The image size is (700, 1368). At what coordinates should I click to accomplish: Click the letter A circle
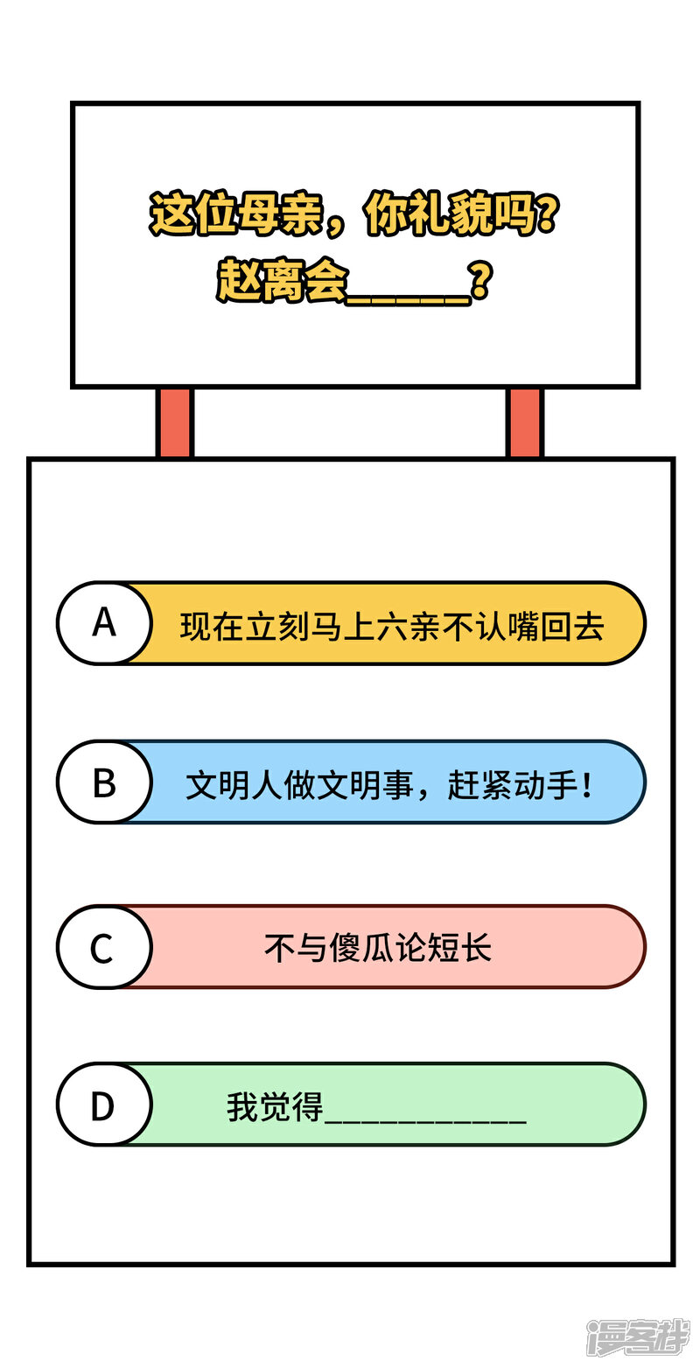(104, 623)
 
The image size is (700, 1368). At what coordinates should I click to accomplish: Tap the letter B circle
(104, 782)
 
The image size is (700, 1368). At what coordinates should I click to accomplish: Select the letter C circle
(104, 947)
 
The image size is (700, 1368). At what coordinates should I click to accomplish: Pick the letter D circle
(104, 1105)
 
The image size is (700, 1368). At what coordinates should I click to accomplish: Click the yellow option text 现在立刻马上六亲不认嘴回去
(392, 627)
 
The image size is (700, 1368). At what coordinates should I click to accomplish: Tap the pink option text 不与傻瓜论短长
(378, 949)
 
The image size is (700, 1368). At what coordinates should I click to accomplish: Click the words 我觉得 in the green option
(275, 1107)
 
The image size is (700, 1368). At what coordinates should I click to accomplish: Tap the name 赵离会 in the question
(282, 280)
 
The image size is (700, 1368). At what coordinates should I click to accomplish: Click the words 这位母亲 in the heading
(236, 214)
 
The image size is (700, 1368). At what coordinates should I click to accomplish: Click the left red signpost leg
(175, 422)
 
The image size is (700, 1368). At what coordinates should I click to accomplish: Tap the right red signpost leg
(524, 422)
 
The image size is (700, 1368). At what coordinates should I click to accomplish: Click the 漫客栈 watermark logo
(639, 1336)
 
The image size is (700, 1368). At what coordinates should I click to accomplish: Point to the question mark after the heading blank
(480, 280)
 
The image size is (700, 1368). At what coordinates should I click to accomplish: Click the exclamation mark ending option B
(587, 785)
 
